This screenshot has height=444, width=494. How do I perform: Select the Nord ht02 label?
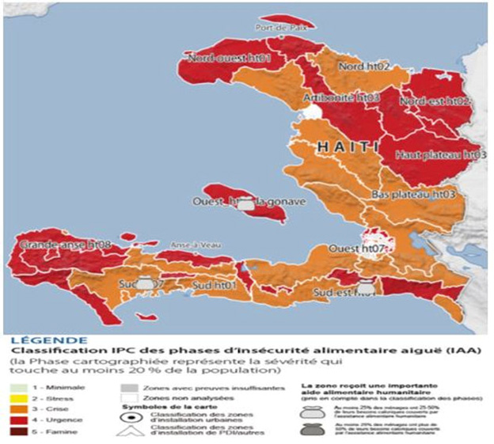click(x=365, y=68)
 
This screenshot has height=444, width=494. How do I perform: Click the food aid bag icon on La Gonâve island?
click(x=248, y=204)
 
